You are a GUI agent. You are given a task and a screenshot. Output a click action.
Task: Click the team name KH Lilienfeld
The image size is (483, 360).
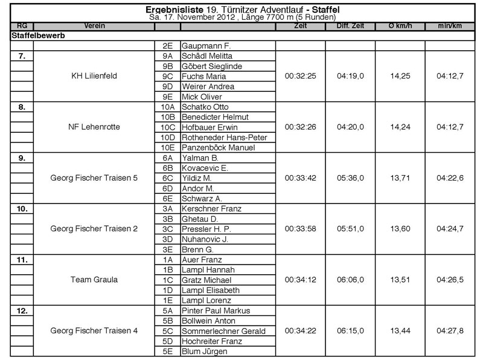pos(94,77)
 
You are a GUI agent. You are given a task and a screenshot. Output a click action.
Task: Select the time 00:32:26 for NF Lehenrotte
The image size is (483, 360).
pos(300,127)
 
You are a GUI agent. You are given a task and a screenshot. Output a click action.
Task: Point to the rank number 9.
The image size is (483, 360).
pos(22,158)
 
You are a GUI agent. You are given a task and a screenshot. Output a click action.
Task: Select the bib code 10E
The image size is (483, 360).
pos(167,148)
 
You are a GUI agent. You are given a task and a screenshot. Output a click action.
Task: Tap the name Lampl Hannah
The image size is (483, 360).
pos(208,270)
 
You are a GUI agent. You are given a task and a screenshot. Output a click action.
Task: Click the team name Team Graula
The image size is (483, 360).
pos(94,280)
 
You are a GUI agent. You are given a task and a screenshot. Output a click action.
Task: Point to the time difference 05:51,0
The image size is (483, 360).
pos(350,230)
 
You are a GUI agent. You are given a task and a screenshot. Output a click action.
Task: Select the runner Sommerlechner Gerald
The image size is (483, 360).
pos(223,331)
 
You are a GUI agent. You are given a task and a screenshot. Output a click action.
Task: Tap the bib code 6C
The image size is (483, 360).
pos(167,179)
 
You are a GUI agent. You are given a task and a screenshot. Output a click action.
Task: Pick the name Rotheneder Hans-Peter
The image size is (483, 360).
pos(223,138)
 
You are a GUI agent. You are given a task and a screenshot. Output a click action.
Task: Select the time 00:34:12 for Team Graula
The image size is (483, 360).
pos(300,280)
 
